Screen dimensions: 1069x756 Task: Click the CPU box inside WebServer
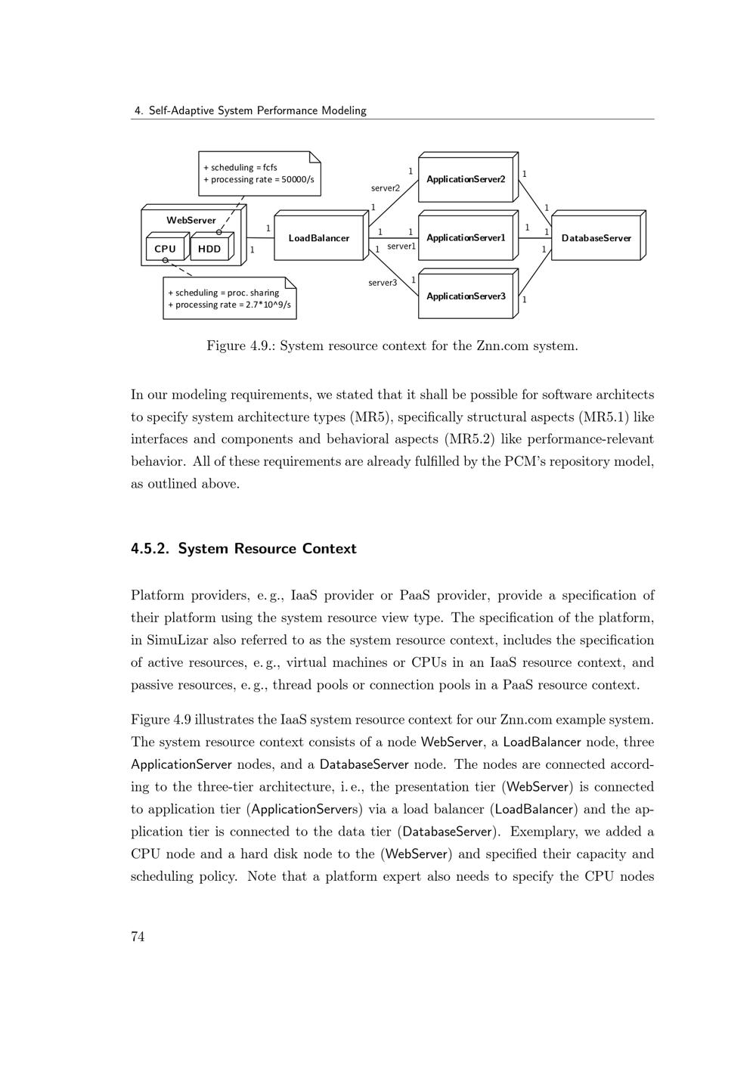pyautogui.click(x=165, y=249)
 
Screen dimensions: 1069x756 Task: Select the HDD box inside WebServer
pyautogui.click(x=209, y=249)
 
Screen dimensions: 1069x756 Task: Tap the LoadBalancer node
pyautogui.click(x=318, y=238)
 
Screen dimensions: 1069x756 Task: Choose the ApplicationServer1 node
pyautogui.click(x=466, y=238)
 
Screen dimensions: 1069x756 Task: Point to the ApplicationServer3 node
pyautogui.click(x=466, y=296)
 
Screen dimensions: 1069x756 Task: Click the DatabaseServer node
pyautogui.click(x=596, y=238)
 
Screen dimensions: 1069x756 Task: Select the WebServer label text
pyautogui.click(x=191, y=220)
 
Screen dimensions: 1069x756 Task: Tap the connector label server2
pyautogui.click(x=386, y=188)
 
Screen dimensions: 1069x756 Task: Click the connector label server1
pyautogui.click(x=401, y=246)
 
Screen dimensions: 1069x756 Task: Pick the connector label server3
pyautogui.click(x=383, y=283)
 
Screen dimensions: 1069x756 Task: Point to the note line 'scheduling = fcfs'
pyautogui.click(x=240, y=167)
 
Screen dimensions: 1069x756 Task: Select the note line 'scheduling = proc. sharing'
pyautogui.click(x=223, y=293)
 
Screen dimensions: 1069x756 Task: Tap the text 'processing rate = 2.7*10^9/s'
pyautogui.click(x=229, y=305)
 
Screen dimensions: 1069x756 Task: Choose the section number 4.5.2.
pyautogui.click(x=150, y=549)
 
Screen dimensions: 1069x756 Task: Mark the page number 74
pyautogui.click(x=138, y=937)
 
